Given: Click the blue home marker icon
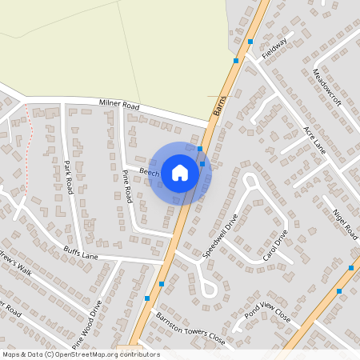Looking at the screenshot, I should (x=180, y=173).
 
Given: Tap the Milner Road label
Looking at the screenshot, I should (x=119, y=105).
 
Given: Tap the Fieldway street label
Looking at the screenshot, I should (x=273, y=50).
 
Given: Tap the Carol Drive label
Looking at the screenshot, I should (x=274, y=247).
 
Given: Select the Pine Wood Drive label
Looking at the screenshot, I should (x=87, y=323).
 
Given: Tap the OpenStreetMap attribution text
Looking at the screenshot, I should (x=80, y=354).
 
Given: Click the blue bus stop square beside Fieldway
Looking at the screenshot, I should (x=250, y=41).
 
